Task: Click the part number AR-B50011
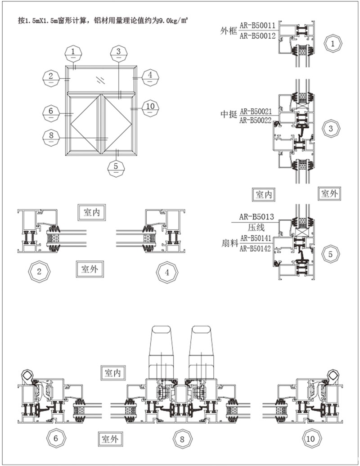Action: [257, 25]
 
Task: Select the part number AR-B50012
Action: [257, 36]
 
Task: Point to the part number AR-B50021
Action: [256, 112]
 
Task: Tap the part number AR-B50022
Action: [256, 120]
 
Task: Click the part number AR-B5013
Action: [256, 217]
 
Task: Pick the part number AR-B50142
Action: [256, 248]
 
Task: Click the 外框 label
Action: [229, 31]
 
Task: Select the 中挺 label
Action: [229, 114]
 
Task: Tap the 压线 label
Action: [256, 228]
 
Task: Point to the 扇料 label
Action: [230, 243]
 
